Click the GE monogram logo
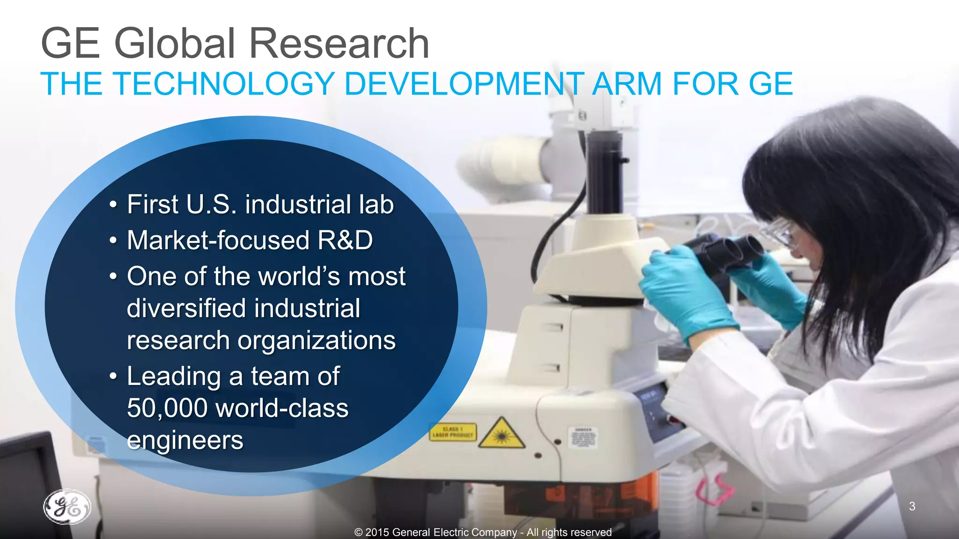(x=67, y=507)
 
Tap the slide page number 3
(x=912, y=506)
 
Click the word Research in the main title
(x=339, y=44)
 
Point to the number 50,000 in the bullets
(x=167, y=408)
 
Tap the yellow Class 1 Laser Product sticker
(x=453, y=432)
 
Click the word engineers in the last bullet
(x=185, y=440)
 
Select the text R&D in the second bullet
(x=345, y=240)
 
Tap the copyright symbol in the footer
(x=359, y=532)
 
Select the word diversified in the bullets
(x=186, y=308)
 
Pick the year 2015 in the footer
(x=377, y=532)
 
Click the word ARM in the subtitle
(x=627, y=84)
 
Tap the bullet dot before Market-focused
(x=113, y=240)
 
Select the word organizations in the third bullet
(x=317, y=340)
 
